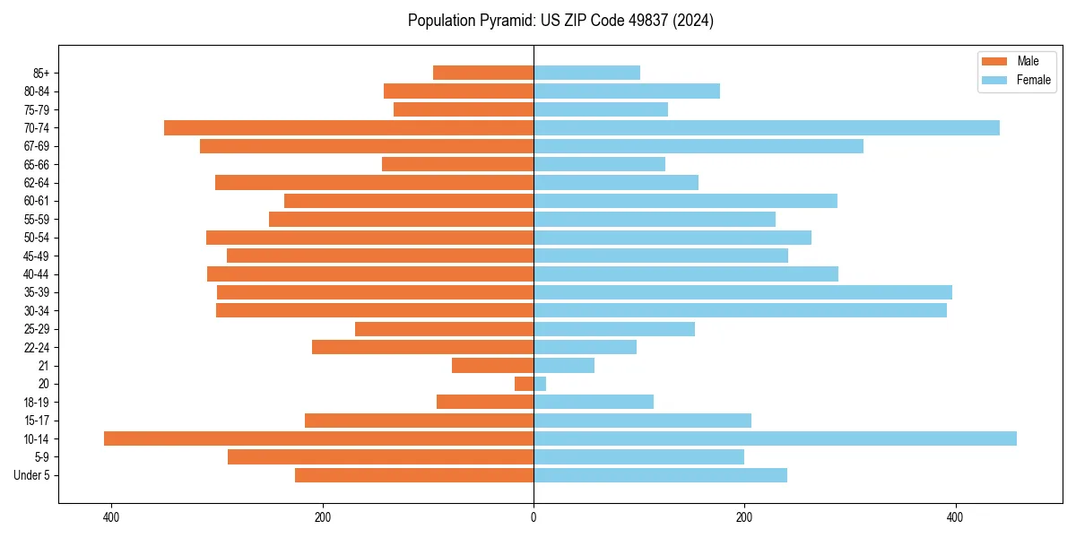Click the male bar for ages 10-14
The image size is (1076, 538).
pos(318,438)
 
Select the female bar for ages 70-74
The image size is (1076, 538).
pos(767,127)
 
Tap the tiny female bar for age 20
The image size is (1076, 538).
pos(540,384)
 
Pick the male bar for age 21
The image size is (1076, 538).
pos(492,365)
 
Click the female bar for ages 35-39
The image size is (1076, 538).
pos(742,292)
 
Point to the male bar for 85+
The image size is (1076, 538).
pos(483,73)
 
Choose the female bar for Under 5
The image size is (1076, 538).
pos(660,475)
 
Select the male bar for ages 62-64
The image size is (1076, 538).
pos(374,182)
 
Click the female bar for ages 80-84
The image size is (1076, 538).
pos(626,91)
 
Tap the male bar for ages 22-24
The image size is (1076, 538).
pos(422,347)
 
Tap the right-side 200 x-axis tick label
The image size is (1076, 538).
pos(744,517)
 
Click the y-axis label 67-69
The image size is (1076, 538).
pos(37,146)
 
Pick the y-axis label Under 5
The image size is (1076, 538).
pos(32,475)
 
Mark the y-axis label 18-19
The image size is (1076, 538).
pos(37,402)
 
